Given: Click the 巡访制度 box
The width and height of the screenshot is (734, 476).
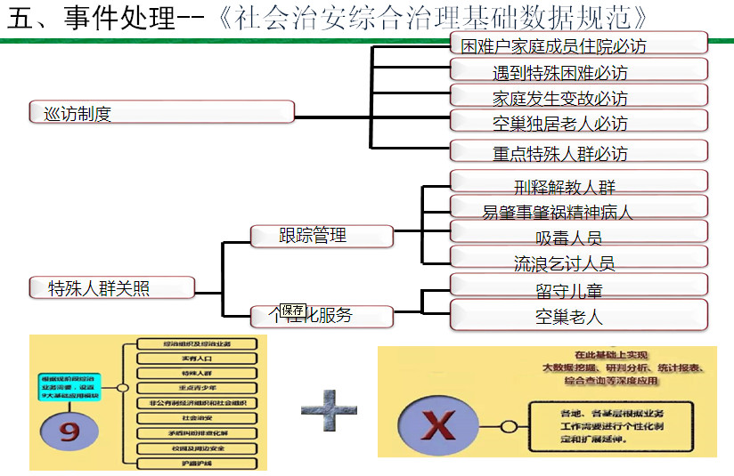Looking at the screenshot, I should coord(160,112).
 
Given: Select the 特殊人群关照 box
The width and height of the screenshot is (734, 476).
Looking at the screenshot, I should coord(110,287).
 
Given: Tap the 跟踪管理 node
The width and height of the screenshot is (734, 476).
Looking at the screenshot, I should coord(321,236).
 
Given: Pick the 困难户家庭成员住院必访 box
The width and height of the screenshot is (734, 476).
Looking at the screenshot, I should coord(579,44).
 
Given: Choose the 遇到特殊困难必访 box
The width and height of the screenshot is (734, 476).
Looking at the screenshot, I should coord(579,70).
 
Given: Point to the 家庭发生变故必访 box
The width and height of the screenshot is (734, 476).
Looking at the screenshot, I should coord(579,96).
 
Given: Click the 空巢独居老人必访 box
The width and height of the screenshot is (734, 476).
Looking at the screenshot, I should coord(579,122).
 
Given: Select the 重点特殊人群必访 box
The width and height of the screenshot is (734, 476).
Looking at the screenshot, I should coord(579,151).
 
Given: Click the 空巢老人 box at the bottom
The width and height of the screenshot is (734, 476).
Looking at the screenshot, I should coord(579,315).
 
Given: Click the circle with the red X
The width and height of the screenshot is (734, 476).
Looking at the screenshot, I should coord(437,426).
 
